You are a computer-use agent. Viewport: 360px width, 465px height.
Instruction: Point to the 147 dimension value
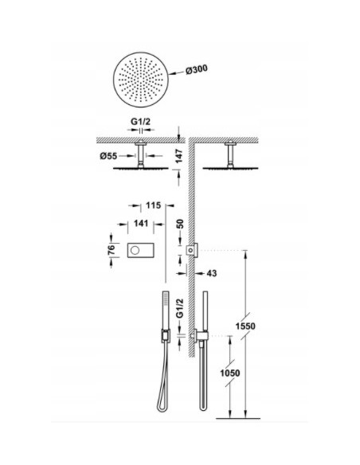point(182,154)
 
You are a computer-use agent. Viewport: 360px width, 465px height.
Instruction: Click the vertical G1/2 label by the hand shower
point(180,306)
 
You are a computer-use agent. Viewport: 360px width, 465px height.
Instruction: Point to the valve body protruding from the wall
point(192,252)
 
